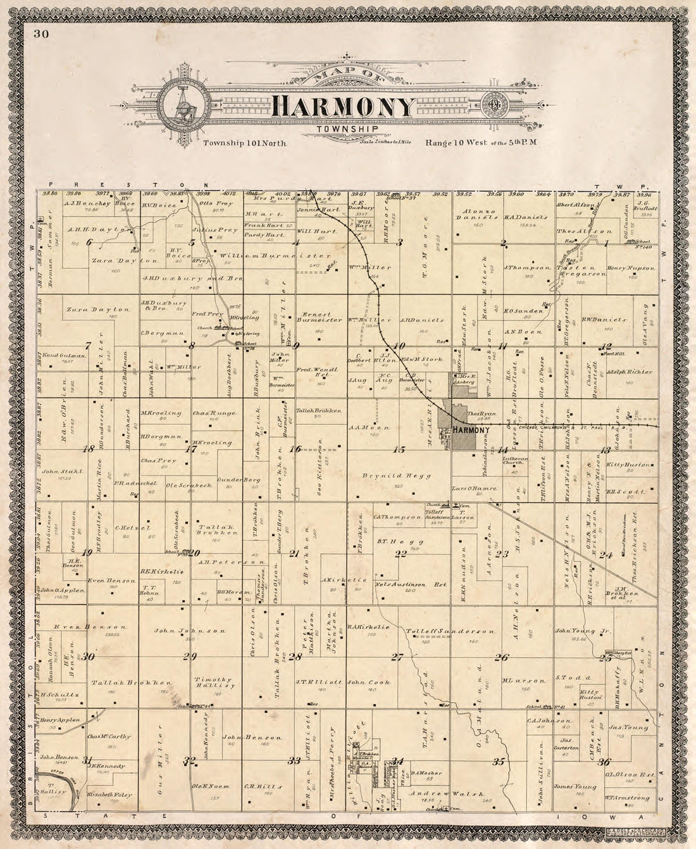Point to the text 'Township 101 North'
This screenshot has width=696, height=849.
tap(245, 144)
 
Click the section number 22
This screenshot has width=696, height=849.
tap(401, 554)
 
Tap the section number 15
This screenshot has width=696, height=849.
tap(399, 450)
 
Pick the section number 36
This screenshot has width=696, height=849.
tap(604, 762)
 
